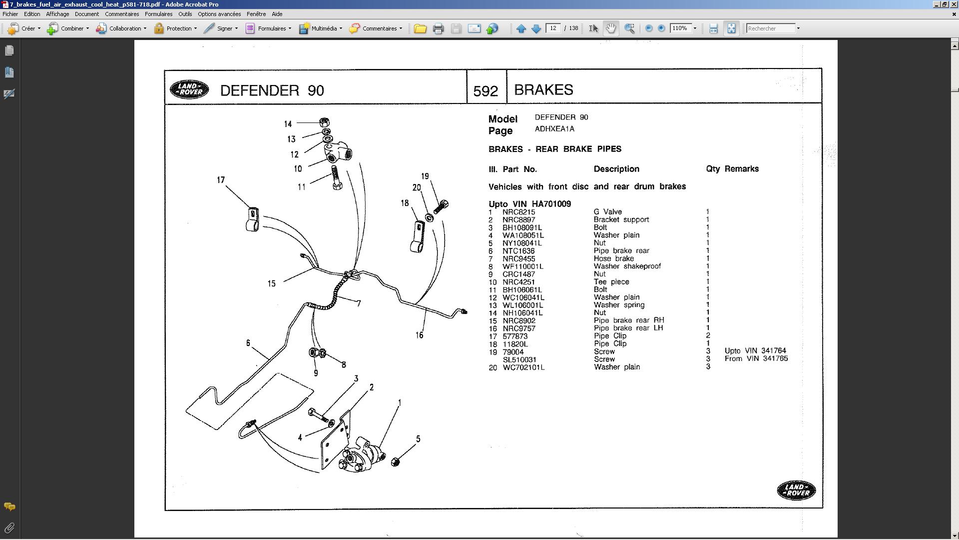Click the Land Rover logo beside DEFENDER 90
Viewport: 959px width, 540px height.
(x=189, y=89)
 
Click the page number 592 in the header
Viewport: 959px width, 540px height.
(x=485, y=91)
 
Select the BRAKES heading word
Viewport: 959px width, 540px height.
(x=543, y=89)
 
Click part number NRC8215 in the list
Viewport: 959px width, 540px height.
(x=518, y=212)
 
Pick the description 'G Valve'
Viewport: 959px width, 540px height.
(x=607, y=212)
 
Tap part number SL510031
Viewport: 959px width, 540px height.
(x=519, y=359)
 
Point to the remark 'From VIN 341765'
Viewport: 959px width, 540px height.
(x=756, y=358)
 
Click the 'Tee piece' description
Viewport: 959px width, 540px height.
(x=611, y=282)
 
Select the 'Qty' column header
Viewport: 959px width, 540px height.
(x=713, y=169)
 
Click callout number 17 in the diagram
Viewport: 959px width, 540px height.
(x=221, y=180)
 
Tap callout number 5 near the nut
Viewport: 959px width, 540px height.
(x=418, y=439)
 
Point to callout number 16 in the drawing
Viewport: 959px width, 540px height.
(x=419, y=335)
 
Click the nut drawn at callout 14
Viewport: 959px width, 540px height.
(x=324, y=122)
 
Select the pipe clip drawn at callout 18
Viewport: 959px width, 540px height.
(x=417, y=237)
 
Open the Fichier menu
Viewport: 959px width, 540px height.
(x=10, y=14)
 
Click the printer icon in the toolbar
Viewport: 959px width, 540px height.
(x=438, y=28)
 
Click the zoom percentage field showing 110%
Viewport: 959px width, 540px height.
(x=680, y=28)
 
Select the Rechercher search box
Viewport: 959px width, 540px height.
(x=770, y=28)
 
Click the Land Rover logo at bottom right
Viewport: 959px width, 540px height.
(x=796, y=490)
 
